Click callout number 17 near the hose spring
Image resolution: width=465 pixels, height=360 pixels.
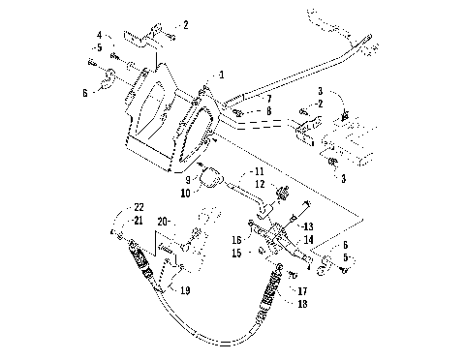302,289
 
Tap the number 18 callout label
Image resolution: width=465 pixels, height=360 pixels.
302,303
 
